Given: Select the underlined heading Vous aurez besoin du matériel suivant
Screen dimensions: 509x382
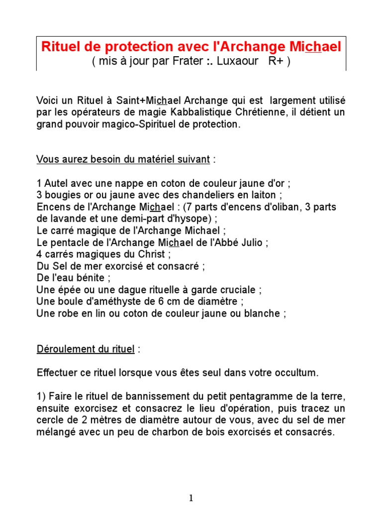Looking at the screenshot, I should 123,159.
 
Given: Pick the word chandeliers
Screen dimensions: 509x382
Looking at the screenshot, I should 195,194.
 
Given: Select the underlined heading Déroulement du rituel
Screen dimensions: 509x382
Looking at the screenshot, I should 86,349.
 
